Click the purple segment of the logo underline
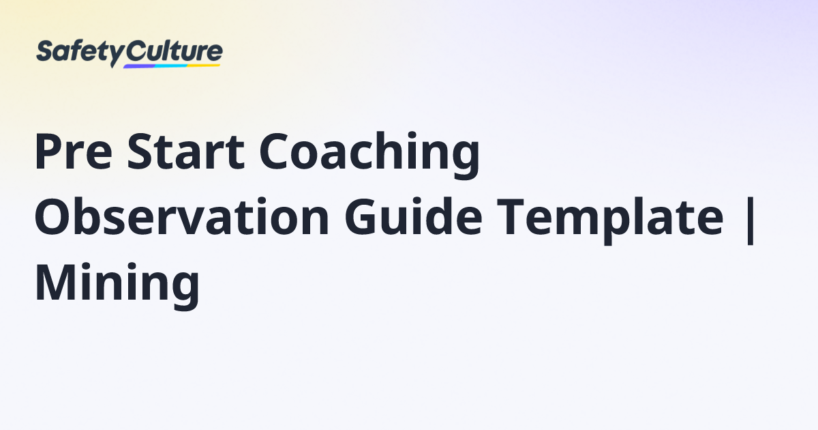(140, 66)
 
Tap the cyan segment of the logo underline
(170, 66)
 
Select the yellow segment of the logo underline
(204, 65)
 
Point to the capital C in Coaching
(277, 154)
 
